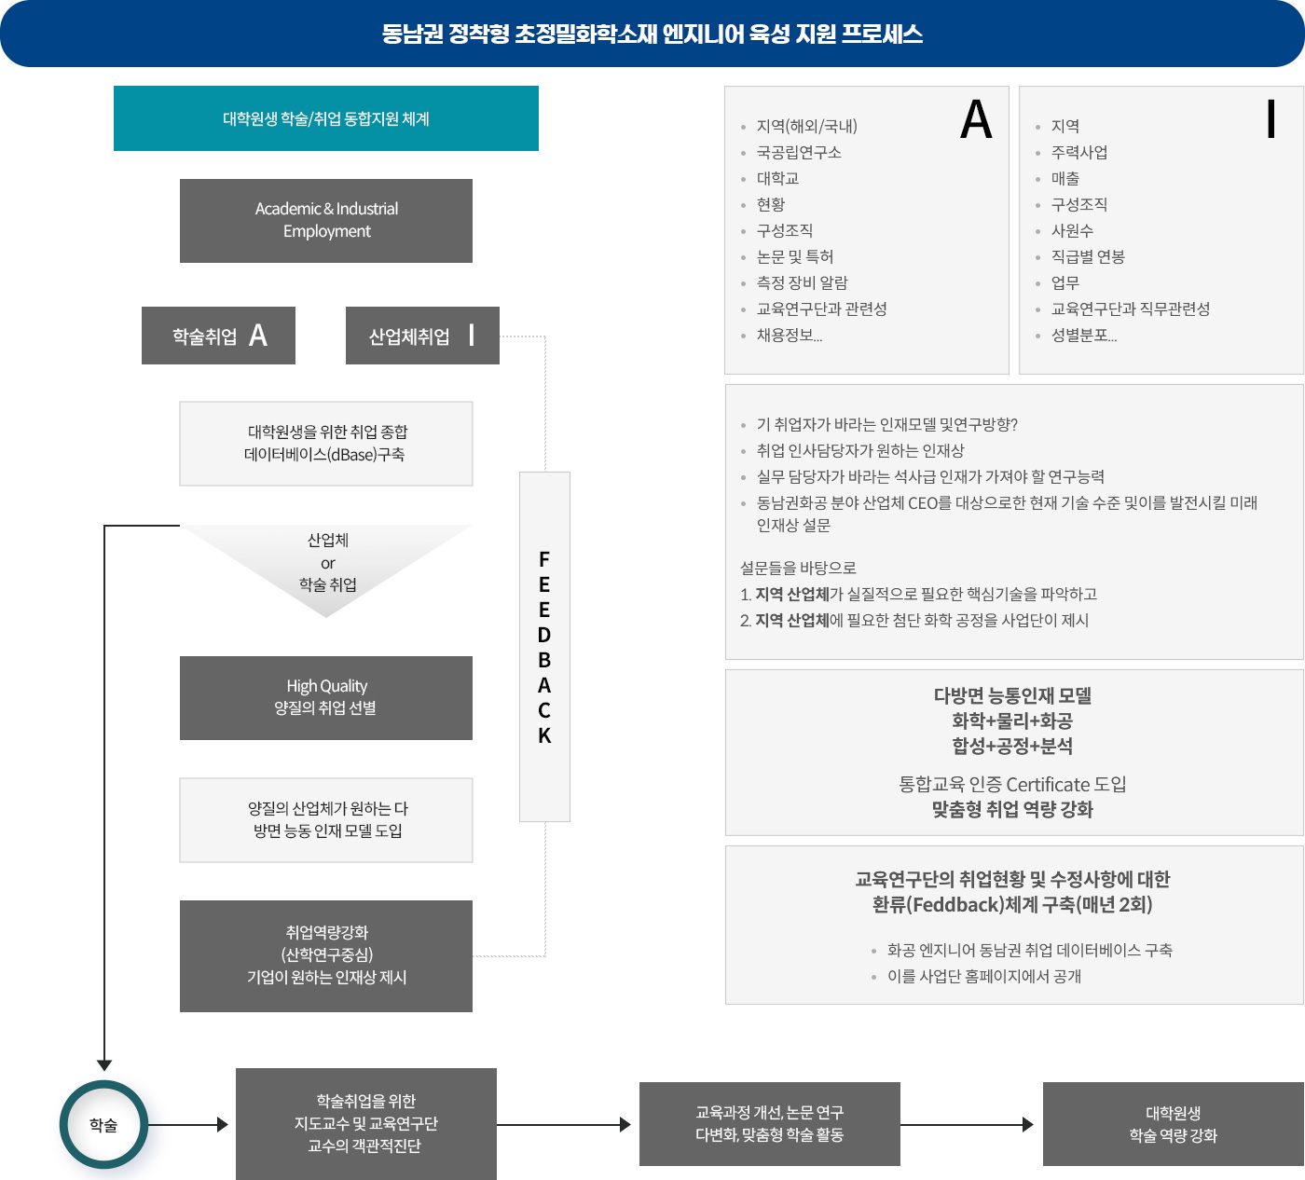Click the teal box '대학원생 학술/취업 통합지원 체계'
(x=326, y=118)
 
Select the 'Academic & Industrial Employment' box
(x=326, y=221)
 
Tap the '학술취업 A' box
(x=218, y=336)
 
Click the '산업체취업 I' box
(x=422, y=336)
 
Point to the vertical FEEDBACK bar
(x=544, y=647)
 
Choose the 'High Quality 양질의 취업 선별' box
(x=326, y=698)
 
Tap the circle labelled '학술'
(x=103, y=1125)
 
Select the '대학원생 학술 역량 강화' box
(x=1173, y=1124)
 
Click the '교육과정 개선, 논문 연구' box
(x=769, y=1124)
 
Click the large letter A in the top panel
(x=976, y=120)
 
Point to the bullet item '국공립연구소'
(x=799, y=152)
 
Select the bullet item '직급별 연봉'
(x=1088, y=256)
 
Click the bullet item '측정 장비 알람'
(x=802, y=282)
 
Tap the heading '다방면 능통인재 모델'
(x=1012, y=695)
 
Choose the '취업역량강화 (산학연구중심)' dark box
(x=326, y=955)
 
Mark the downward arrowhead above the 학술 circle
(x=104, y=1064)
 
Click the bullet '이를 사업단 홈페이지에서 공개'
(x=983, y=976)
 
